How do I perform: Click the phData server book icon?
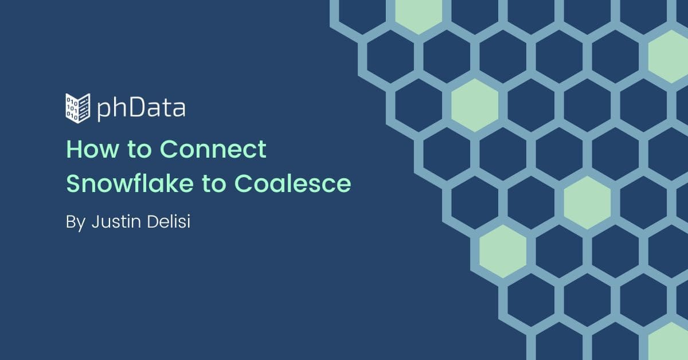click(x=78, y=108)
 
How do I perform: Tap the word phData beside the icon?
click(x=142, y=109)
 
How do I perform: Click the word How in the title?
click(x=92, y=149)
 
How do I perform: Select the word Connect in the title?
click(x=213, y=149)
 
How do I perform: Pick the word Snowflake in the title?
click(x=130, y=183)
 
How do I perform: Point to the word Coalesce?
click(x=292, y=183)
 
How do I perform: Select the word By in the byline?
click(x=76, y=222)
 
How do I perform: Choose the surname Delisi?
click(x=169, y=221)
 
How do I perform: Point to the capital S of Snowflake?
click(x=73, y=183)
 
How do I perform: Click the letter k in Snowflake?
click(x=166, y=183)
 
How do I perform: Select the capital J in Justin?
click(x=96, y=222)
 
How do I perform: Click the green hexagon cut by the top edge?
click(x=419, y=15)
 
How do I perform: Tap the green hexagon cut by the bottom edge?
click(x=668, y=342)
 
